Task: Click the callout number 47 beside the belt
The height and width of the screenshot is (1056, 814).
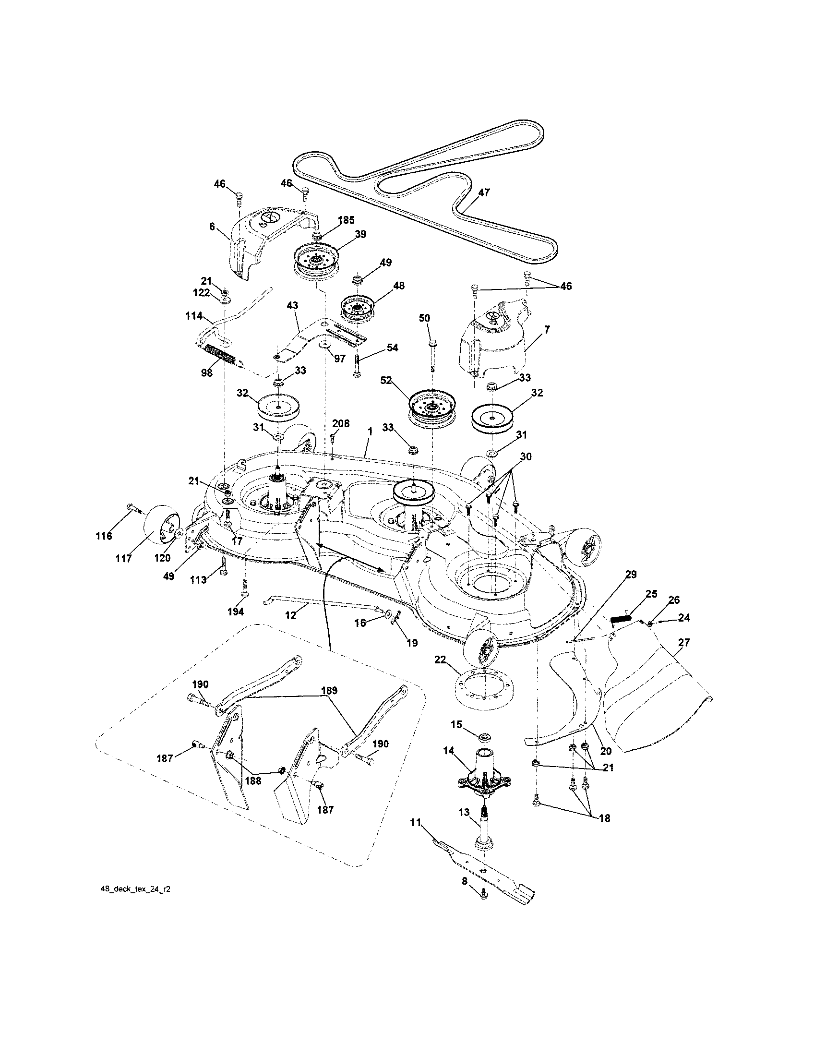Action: click(x=483, y=192)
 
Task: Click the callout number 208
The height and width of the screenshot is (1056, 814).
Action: click(x=341, y=424)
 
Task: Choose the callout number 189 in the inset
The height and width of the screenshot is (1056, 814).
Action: click(x=329, y=690)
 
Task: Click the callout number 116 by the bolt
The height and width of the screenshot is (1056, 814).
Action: click(x=104, y=536)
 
